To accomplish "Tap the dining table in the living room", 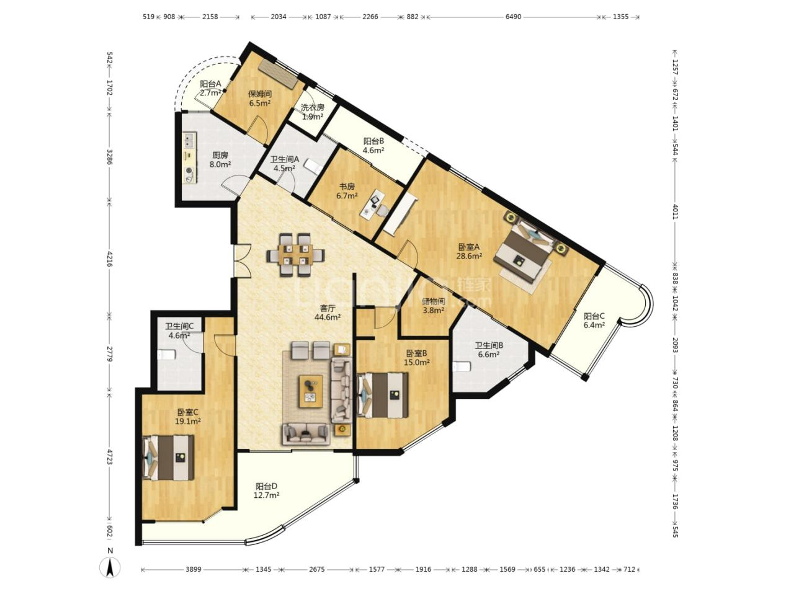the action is point(296,254).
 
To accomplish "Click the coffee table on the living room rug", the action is point(310,391).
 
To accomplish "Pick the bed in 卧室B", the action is point(382,395).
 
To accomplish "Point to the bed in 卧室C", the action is point(168,458).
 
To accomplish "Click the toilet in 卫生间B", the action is point(461,367).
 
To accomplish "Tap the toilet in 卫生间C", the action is point(166,355).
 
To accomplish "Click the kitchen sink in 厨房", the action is point(189,140).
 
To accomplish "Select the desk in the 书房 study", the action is point(372,205).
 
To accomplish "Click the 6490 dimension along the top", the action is point(513,17).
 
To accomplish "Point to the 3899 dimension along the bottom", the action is point(194,569).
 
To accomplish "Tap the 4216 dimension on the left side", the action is point(110,259).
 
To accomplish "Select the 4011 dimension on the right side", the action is point(675,211).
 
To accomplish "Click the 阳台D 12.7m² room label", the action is point(267,490).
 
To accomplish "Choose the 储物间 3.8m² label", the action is point(433,306).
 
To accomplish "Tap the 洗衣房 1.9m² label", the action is point(313,112).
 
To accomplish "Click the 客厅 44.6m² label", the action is point(328,312).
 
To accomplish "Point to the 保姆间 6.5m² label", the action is point(259,99).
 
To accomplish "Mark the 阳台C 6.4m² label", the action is point(594,321).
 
